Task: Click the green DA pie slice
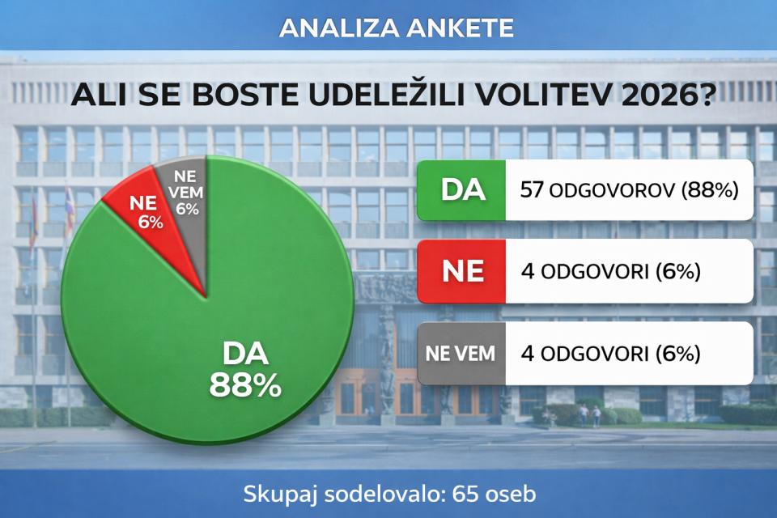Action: tap(233, 317)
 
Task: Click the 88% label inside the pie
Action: tap(245, 385)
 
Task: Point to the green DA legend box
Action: tap(462, 190)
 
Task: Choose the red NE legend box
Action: tap(462, 271)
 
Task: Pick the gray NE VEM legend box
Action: tap(462, 354)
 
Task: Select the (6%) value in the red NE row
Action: tap(677, 271)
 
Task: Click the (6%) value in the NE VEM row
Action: tap(677, 354)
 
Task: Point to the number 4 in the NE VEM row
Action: tap(528, 354)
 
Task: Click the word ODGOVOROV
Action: tap(612, 190)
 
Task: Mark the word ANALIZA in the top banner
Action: tap(339, 28)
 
